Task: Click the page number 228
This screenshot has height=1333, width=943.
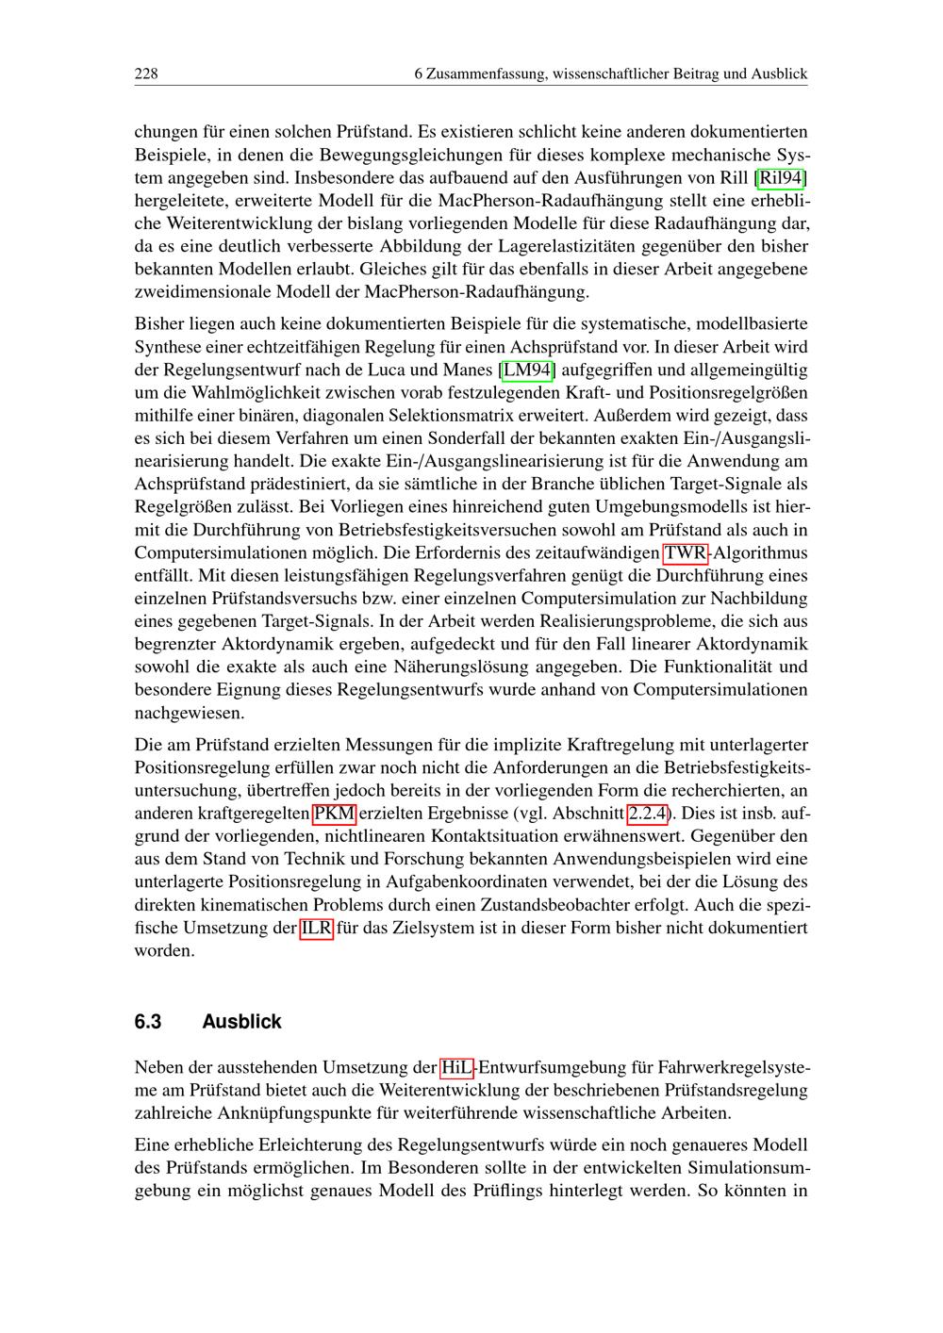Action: click(146, 74)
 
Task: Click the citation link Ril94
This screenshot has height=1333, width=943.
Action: click(782, 177)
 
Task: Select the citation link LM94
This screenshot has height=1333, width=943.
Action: click(527, 370)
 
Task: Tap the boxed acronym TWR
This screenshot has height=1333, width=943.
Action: click(686, 552)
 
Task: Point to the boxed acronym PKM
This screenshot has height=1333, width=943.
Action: click(335, 813)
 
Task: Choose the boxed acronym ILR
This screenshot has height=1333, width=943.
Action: click(316, 928)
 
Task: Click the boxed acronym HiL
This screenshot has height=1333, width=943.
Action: click(456, 1067)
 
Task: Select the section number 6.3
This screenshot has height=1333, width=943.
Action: click(148, 1022)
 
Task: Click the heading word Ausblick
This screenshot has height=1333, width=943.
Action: click(241, 1022)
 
